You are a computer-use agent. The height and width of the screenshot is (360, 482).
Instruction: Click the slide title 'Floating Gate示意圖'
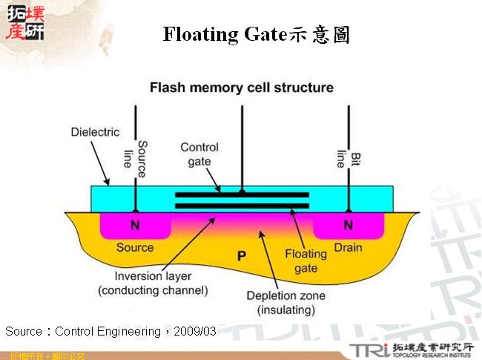tap(256, 34)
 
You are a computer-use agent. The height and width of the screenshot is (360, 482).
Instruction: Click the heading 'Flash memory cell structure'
tap(242, 88)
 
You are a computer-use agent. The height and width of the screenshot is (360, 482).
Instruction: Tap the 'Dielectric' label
tap(95, 132)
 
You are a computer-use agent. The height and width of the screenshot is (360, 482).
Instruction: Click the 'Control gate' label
tap(199, 154)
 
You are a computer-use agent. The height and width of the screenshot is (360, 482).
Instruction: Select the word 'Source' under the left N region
tap(135, 247)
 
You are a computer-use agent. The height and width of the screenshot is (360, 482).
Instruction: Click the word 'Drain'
tap(347, 246)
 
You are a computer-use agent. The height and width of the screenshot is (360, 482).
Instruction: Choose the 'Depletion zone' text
tap(285, 295)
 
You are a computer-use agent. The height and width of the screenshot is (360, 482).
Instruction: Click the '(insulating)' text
tap(285, 309)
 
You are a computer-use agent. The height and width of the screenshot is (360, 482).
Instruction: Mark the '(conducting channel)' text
tap(153, 289)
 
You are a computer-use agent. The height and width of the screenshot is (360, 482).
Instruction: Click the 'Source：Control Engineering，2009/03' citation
tap(111, 330)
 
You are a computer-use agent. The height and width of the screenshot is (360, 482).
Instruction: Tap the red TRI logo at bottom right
tap(370, 348)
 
